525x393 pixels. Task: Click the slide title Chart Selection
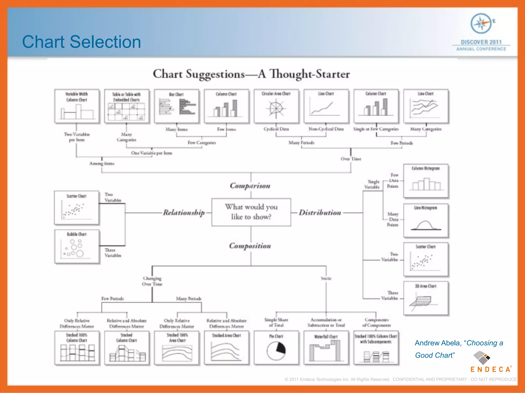pos(82,42)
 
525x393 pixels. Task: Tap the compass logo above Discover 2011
pos(481,24)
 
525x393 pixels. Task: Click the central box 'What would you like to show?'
pos(251,212)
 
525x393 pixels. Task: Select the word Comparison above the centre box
pos(250,185)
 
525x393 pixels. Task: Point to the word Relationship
pos(184,212)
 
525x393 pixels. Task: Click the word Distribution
pos(320,212)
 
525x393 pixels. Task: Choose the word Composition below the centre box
pos(250,246)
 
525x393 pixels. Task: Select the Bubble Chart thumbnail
pos(77,246)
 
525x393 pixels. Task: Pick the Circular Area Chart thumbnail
pos(276,106)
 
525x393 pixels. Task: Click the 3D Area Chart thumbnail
pos(426,298)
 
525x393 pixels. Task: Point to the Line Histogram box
pos(426,220)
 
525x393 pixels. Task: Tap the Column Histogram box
pos(426,181)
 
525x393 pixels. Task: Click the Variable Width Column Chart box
pos(77,106)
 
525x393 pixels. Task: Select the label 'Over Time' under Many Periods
pos(351,159)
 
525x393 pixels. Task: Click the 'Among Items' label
pos(102,163)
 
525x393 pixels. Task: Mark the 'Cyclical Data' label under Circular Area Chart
pos(276,129)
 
